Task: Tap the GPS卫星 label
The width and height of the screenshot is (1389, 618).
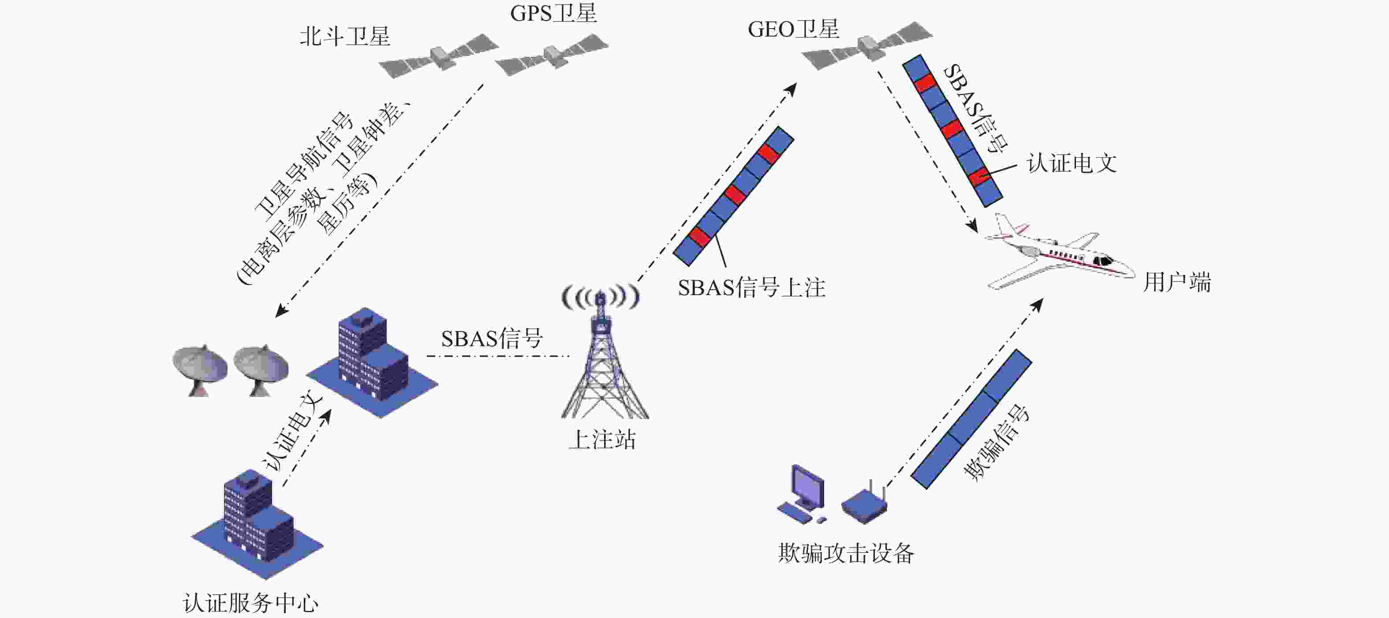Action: click(x=554, y=14)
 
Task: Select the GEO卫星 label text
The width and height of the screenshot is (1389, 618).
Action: click(x=793, y=29)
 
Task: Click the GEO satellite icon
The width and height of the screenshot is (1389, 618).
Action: click(x=867, y=46)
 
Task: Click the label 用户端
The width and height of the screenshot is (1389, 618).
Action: click(x=1177, y=282)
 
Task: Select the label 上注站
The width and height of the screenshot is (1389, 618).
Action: click(x=602, y=440)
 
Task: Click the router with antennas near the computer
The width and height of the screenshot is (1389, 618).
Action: click(x=864, y=503)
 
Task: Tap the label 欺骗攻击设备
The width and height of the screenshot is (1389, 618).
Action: click(x=846, y=553)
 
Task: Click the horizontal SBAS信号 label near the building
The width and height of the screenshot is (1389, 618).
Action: click(x=492, y=338)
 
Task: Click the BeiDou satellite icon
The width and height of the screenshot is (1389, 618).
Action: click(x=438, y=56)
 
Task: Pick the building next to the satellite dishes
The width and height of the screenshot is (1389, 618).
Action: click(x=372, y=362)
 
